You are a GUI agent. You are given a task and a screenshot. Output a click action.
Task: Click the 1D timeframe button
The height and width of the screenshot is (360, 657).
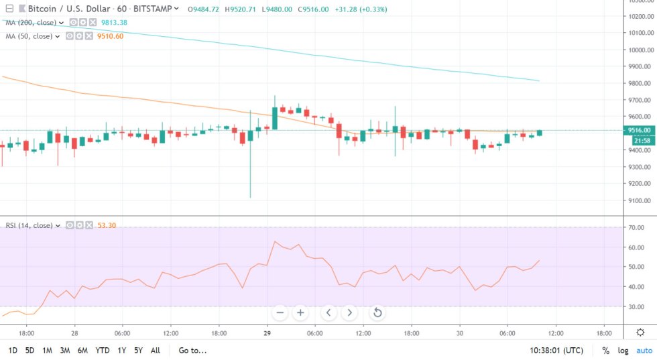pos(13,350)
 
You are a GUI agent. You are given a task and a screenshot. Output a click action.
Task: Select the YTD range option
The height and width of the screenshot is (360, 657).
pos(103,350)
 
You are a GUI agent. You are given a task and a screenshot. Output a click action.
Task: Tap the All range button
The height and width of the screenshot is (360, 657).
pos(155,350)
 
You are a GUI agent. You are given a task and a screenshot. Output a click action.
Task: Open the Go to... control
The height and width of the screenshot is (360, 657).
pos(192,350)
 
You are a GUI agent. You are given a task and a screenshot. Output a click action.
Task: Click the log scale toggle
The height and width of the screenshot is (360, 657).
pos(623,350)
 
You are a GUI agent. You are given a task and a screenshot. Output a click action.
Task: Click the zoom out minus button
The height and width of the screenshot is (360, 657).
pos(280,312)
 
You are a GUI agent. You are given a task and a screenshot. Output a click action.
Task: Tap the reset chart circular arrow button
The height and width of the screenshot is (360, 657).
pos(377,312)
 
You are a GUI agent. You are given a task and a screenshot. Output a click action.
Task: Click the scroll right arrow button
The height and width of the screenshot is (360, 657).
pos(349,312)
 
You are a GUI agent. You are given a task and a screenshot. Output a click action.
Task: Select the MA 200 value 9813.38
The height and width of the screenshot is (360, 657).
pos(113,23)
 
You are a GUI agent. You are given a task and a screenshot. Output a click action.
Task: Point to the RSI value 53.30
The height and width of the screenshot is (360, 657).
pos(107,225)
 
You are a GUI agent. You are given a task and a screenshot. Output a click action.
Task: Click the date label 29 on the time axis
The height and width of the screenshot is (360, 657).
pos(267,333)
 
